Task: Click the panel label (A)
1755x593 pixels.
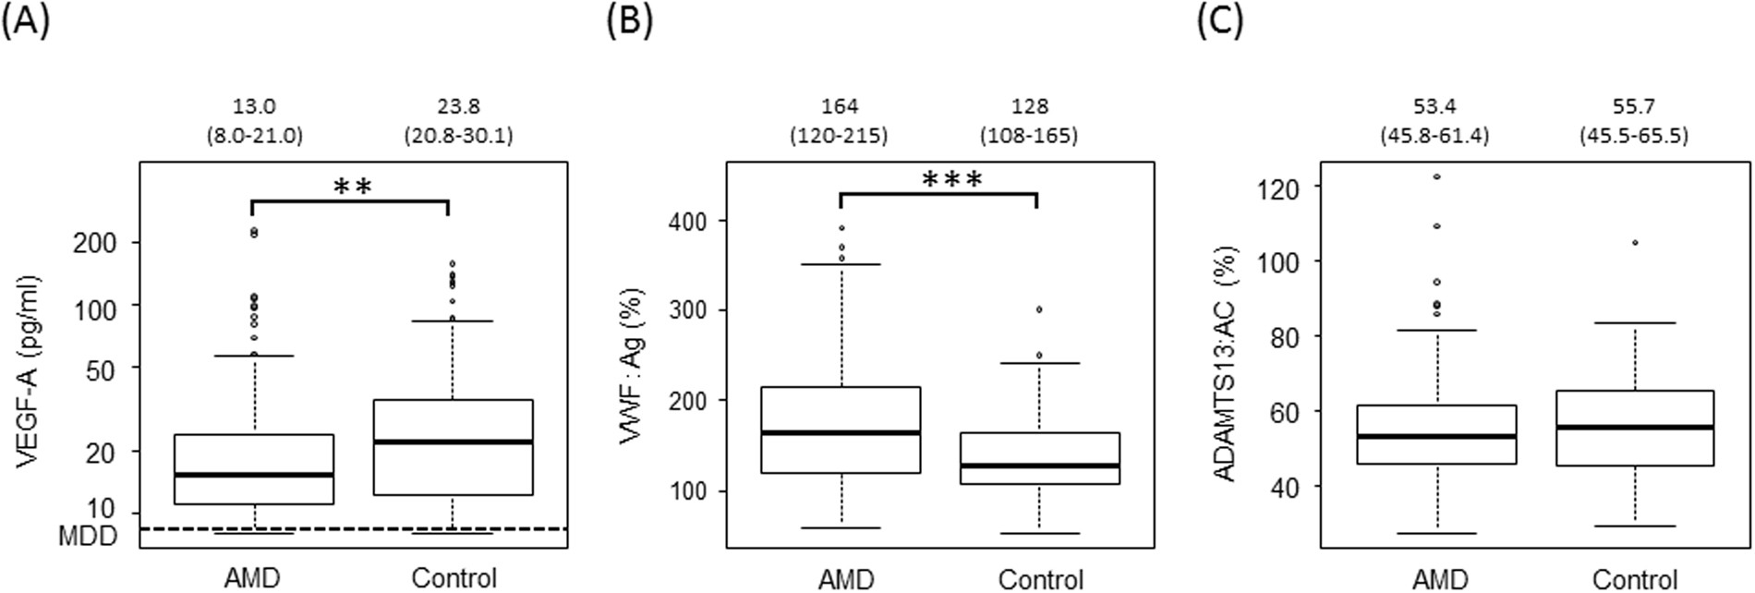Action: [x=25, y=21]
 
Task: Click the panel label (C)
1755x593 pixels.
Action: [x=1220, y=21]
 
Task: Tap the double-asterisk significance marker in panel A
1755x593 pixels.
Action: [x=352, y=188]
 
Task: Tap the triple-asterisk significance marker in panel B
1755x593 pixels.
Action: [x=952, y=179]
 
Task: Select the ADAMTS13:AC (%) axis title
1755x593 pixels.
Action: [x=1225, y=363]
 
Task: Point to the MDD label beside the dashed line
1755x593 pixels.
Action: [x=88, y=535]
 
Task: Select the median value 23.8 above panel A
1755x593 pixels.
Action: [x=458, y=106]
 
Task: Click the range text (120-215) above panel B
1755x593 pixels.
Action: [x=838, y=136]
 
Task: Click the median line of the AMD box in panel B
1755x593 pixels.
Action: [x=841, y=432]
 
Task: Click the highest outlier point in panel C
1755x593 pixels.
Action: [x=1437, y=175]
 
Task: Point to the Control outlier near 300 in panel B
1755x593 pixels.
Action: [x=1038, y=309]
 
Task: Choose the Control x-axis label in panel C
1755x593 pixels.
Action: [x=1635, y=579]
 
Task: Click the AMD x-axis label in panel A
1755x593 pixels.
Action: [x=252, y=578]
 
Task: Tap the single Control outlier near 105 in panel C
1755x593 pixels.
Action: [x=1635, y=268]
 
